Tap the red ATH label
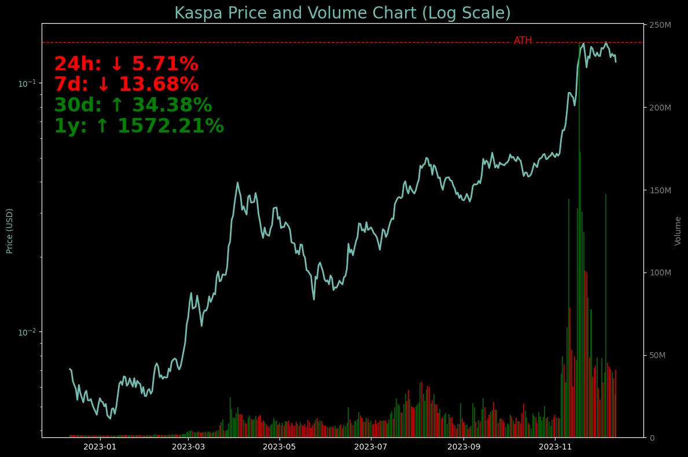click(x=523, y=40)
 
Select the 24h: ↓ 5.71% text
click(x=126, y=64)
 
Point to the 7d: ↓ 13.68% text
click(x=126, y=84)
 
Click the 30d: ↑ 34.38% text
click(x=133, y=105)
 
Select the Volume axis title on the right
click(x=678, y=231)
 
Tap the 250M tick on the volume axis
click(x=660, y=25)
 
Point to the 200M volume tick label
click(x=660, y=108)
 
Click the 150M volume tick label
click(x=660, y=190)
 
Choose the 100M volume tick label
click(x=660, y=272)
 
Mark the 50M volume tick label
click(x=658, y=355)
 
